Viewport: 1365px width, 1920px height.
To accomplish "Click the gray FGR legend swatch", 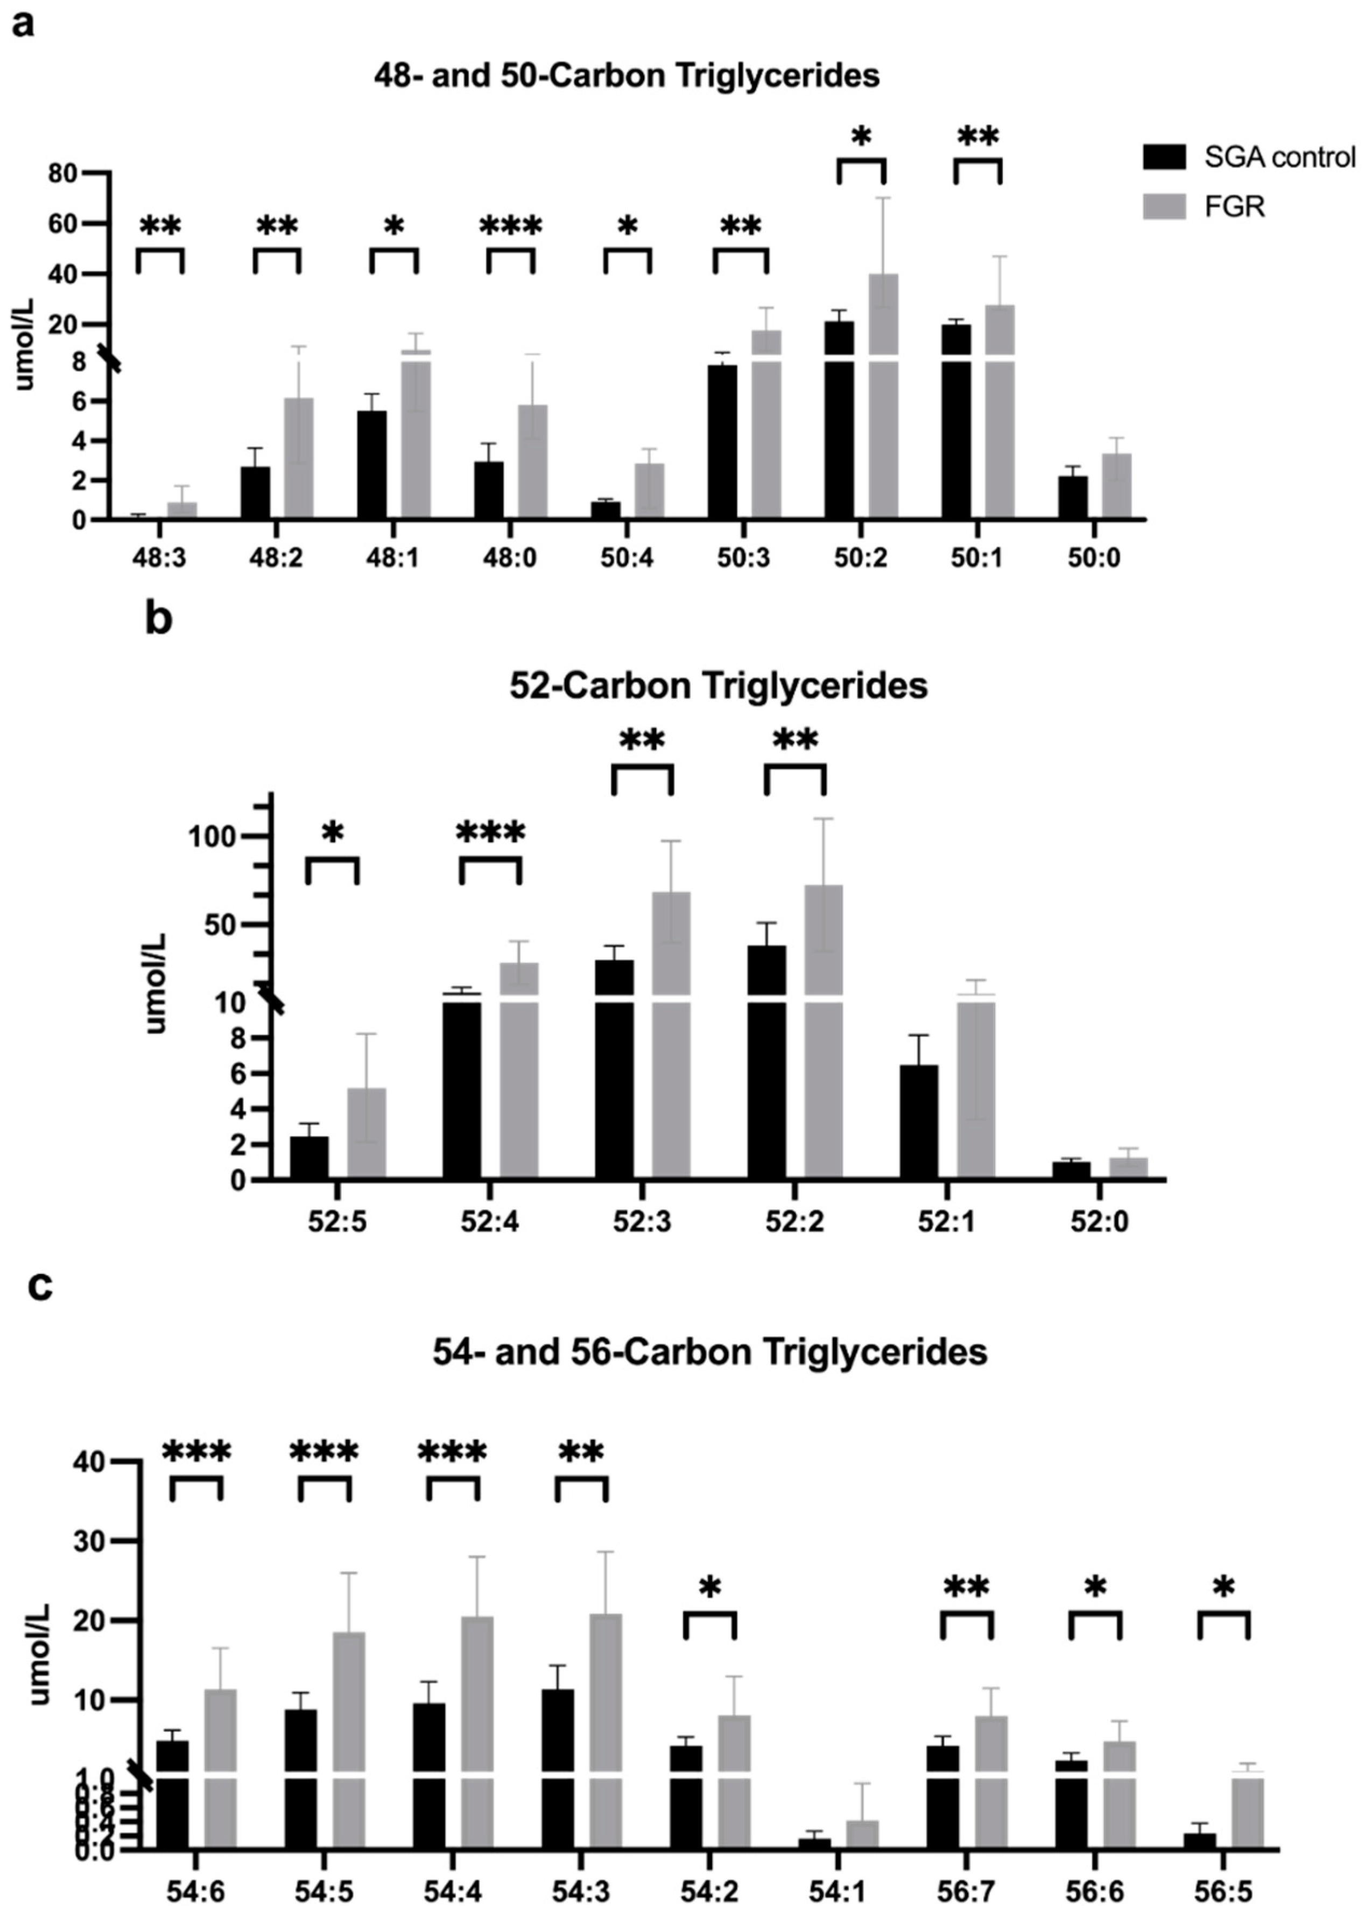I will pyautogui.click(x=1164, y=206).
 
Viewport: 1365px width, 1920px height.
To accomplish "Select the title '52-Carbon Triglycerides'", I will pyautogui.click(x=718, y=686).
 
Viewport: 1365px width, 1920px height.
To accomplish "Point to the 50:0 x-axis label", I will pyautogui.click(x=1094, y=559).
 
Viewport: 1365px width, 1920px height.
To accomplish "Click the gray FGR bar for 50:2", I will pyautogui.click(x=883, y=395).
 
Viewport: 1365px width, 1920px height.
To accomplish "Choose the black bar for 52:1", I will pyautogui.click(x=919, y=1122).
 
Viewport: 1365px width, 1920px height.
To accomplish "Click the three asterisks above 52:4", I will pyautogui.click(x=491, y=833).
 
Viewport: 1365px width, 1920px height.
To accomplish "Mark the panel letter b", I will pyautogui.click(x=159, y=619).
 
